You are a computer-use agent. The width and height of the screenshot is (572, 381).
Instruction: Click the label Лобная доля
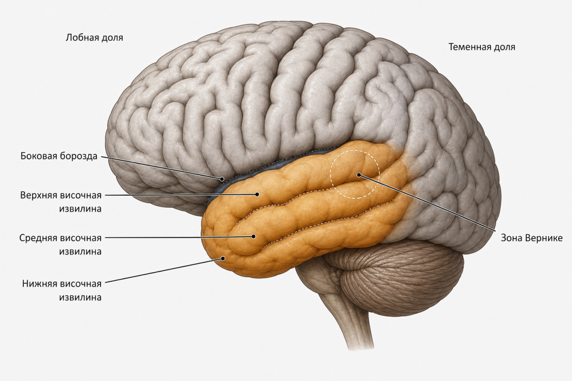94,38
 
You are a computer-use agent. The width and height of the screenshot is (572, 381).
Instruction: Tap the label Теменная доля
482,47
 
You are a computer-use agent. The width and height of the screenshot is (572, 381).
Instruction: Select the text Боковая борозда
59,156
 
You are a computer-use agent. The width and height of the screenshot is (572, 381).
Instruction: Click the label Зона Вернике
531,238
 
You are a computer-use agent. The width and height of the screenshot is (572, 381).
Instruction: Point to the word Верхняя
39,195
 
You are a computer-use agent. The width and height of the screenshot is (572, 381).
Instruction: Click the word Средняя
38,238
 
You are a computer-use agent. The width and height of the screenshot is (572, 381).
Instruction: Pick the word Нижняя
40,283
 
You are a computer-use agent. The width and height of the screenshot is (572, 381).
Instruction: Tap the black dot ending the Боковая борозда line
222,179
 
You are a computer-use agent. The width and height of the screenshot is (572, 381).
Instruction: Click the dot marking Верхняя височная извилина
257,194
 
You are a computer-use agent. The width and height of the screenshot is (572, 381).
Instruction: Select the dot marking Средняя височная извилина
254,237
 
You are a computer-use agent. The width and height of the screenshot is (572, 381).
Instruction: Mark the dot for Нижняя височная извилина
223,259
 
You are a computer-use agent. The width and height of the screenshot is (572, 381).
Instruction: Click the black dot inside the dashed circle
359,175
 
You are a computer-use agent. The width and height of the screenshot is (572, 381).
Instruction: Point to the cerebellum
398,278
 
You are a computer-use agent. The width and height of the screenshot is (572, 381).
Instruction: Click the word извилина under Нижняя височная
80,297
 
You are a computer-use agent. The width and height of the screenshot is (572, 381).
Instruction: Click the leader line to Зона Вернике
427,203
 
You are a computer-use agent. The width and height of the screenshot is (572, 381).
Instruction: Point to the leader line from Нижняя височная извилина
164,271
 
